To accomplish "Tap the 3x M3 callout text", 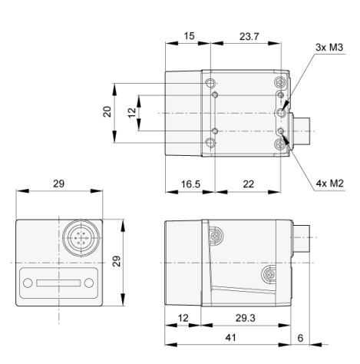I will coord(329,48).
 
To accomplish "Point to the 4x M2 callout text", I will coord(329,184).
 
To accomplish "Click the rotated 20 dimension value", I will coord(108,111).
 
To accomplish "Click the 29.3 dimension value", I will coord(245,318).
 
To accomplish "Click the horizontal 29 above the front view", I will coord(58,184).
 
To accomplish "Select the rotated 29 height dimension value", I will coord(117,262).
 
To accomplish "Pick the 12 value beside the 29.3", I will coord(183,318).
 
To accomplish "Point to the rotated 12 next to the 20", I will coord(131,111).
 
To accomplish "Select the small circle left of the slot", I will coord(28,283).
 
